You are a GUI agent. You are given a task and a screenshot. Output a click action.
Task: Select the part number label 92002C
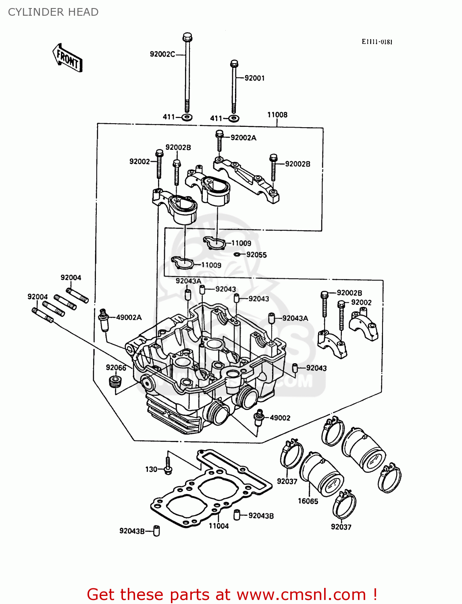[x=162, y=54]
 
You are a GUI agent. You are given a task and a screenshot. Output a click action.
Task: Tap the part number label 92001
[x=254, y=78]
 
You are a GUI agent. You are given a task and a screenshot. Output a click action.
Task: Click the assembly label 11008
[x=277, y=115]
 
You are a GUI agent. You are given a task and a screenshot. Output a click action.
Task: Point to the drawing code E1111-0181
[x=377, y=42]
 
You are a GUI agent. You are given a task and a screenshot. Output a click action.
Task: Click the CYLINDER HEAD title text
[x=53, y=12]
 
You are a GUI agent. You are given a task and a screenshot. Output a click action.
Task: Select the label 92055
[x=256, y=255]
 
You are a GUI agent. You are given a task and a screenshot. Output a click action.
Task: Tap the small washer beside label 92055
[x=237, y=254]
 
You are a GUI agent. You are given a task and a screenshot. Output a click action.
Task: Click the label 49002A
[x=129, y=317]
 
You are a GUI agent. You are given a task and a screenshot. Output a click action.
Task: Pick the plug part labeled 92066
[x=115, y=382]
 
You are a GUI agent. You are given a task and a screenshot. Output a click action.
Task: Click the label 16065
[x=308, y=501]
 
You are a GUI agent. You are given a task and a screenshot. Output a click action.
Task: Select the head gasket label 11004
[x=219, y=526]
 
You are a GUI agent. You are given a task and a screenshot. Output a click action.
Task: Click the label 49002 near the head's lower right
[x=280, y=418]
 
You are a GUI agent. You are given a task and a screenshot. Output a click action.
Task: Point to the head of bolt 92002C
[x=187, y=37]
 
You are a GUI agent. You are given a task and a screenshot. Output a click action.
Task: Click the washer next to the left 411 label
[x=187, y=117]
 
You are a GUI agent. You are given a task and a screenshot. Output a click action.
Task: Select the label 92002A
[x=243, y=138]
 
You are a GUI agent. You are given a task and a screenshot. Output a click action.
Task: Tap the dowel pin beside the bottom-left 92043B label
[x=157, y=531]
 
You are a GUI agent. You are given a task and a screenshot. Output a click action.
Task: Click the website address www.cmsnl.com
[x=301, y=594]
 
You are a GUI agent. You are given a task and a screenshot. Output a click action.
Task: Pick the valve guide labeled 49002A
[x=104, y=320]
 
